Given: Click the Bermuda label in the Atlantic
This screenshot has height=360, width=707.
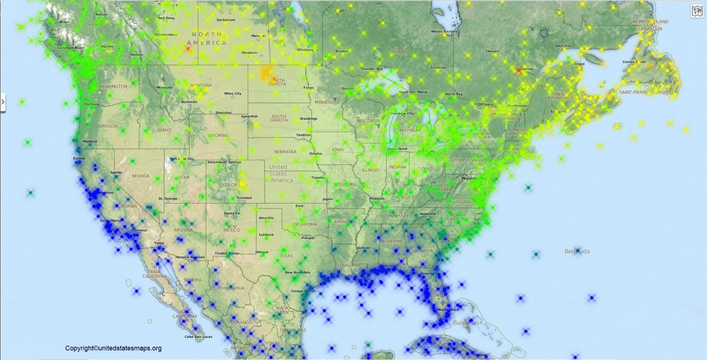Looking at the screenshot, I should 577,251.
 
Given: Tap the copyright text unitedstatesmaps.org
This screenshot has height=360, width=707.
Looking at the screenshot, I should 113,348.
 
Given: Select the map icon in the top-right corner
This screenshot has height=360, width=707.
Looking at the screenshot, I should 697,12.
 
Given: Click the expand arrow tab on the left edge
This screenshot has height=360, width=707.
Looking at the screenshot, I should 3,102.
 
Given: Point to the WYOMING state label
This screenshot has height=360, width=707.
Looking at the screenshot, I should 218,135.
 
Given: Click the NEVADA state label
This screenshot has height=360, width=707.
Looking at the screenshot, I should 140,176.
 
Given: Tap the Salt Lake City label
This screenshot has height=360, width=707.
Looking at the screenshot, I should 182,159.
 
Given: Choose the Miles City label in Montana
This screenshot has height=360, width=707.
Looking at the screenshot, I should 232,93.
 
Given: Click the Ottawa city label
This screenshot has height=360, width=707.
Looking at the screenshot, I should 485,105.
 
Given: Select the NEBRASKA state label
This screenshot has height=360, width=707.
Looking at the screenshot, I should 285,151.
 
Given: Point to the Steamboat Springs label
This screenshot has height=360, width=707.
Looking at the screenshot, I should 224,162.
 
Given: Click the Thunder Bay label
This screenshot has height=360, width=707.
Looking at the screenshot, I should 371,69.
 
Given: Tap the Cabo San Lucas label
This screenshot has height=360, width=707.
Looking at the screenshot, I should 198,337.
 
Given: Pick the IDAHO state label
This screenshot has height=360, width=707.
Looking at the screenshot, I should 164,130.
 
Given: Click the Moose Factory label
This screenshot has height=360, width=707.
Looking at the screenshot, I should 444,32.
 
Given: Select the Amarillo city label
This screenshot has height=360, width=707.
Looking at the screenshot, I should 266,218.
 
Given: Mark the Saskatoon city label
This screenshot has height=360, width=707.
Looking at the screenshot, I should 226,20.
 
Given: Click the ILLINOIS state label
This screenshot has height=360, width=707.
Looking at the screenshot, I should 370,170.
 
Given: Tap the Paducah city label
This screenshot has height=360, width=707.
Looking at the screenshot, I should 377,199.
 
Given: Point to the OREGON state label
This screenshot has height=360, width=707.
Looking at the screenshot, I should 108,126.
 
